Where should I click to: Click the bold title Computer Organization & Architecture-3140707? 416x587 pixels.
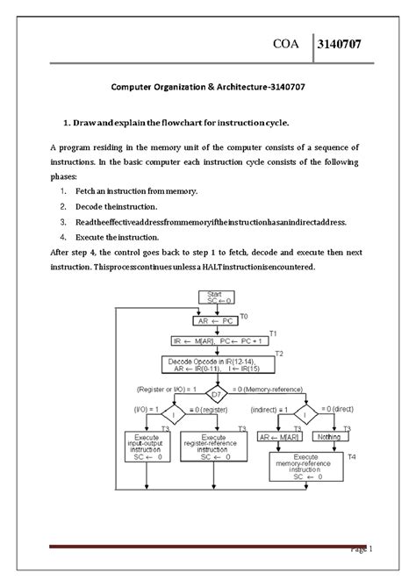pyautogui.click(x=207, y=88)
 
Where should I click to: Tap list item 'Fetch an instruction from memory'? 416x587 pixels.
pyautogui.click(x=136, y=190)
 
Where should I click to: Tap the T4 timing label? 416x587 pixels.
pyautogui.click(x=352, y=457)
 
